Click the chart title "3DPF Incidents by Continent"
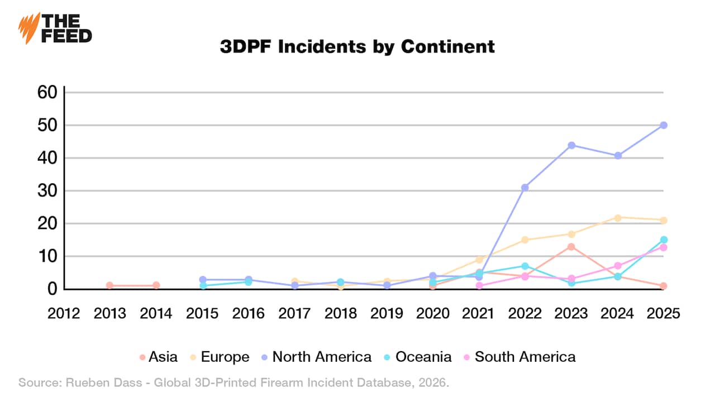pyautogui.click(x=357, y=46)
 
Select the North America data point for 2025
pyautogui.click(x=664, y=125)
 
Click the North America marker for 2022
pyautogui.click(x=525, y=188)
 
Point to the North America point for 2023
pyautogui.click(x=571, y=145)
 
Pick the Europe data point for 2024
pyautogui.click(x=618, y=218)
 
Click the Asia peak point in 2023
pyautogui.click(x=571, y=247)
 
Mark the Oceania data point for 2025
pyautogui.click(x=664, y=240)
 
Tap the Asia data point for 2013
pyautogui.click(x=110, y=285)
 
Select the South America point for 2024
pyautogui.click(x=618, y=266)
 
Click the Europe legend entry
pyautogui.click(x=220, y=357)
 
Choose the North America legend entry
pyautogui.click(x=316, y=357)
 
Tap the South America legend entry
pyautogui.click(x=519, y=357)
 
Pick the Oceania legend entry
pyautogui.click(x=418, y=357)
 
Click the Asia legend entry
pyautogui.click(x=158, y=357)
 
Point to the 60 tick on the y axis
pyautogui.click(x=47, y=92)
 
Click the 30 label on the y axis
pyautogui.click(x=47, y=191)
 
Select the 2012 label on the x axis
pyautogui.click(x=64, y=313)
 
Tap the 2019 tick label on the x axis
pyautogui.click(x=387, y=313)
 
